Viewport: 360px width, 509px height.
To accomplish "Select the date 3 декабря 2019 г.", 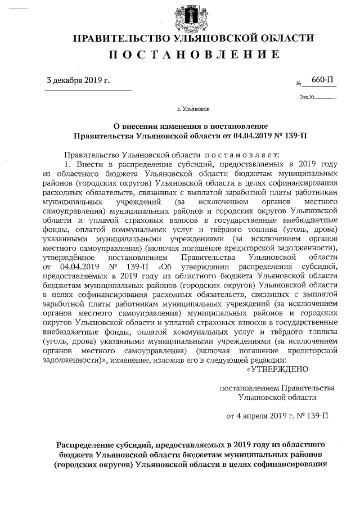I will pos(78,80).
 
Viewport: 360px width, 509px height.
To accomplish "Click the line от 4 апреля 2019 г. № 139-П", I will pos(277,417).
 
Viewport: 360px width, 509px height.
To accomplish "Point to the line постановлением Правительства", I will pos(277,388).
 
